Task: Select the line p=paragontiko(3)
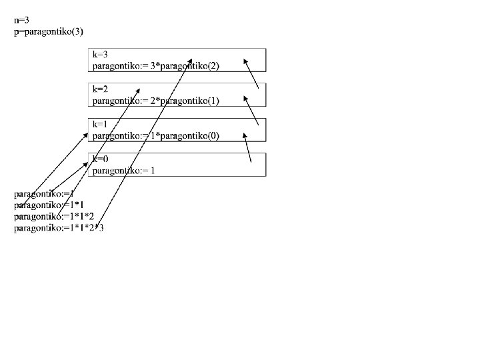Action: point(48,31)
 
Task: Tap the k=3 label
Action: point(101,54)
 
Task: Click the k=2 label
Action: point(101,89)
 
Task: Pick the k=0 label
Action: point(101,159)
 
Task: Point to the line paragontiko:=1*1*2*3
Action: point(59,228)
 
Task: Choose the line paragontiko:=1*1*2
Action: point(54,217)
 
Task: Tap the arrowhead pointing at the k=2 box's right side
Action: point(245,98)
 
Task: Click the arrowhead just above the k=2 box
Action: point(138,89)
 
